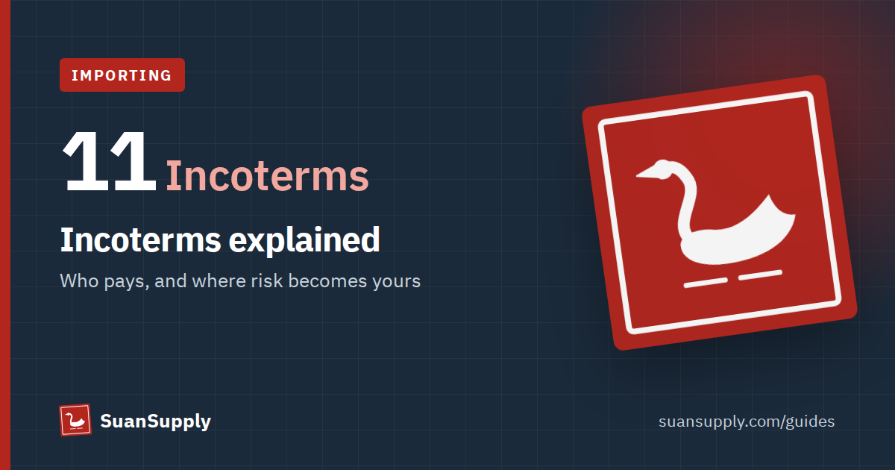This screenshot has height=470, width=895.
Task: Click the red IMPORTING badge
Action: [x=122, y=75]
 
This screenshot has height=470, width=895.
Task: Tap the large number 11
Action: [x=109, y=161]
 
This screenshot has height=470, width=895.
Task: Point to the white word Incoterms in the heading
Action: [x=140, y=240]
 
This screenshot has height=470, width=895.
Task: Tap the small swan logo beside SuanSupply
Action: [x=75, y=420]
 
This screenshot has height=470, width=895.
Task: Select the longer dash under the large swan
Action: [x=706, y=283]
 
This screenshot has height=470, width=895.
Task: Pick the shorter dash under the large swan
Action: [x=760, y=275]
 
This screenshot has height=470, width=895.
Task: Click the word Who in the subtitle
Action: [x=79, y=281]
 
